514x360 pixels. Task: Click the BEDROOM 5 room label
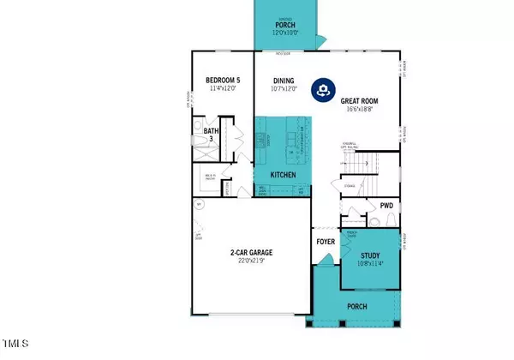[226, 81]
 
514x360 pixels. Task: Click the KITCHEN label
[283, 175]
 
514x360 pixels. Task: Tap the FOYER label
[326, 242]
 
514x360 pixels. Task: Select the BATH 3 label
[212, 135]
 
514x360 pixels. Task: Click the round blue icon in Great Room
[322, 88]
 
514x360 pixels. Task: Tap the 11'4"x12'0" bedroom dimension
[226, 89]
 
